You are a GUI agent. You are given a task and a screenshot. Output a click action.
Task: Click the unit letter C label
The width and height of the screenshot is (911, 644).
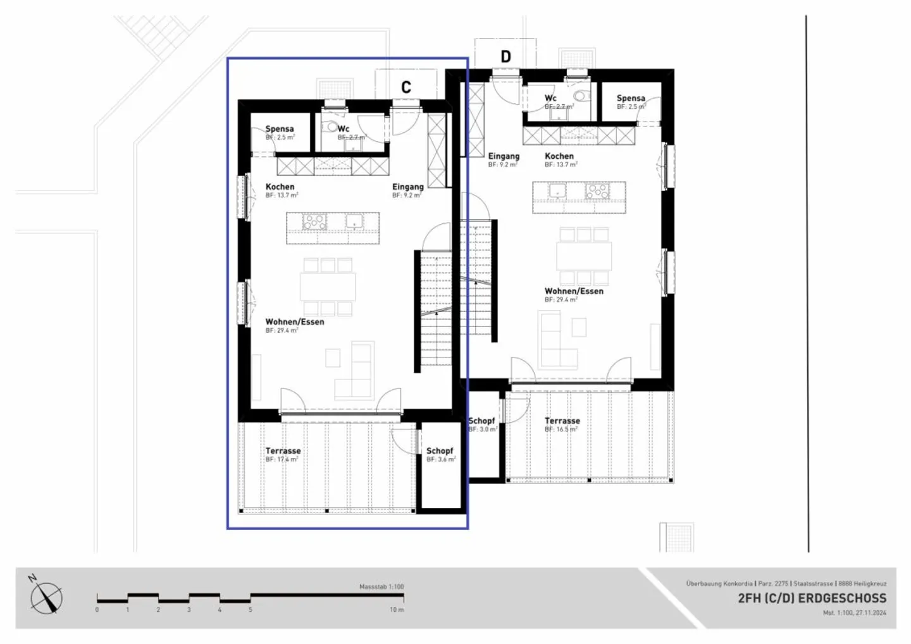406,87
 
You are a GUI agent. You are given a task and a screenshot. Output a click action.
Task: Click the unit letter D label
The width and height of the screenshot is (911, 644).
505,56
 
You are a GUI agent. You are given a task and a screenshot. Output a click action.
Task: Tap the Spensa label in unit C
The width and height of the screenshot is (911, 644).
279,128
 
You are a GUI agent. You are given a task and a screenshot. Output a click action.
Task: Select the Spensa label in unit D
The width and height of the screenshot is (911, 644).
631,98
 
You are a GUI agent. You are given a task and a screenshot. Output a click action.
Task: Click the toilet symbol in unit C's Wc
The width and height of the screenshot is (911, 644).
332,127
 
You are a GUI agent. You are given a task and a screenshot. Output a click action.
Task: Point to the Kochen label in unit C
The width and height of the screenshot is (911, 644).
280,187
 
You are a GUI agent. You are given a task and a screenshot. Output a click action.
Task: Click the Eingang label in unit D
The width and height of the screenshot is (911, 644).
504,156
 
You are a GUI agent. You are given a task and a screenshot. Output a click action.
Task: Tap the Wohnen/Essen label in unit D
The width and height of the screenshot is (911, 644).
574,291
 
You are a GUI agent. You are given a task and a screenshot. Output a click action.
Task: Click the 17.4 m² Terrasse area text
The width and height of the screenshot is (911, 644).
282,460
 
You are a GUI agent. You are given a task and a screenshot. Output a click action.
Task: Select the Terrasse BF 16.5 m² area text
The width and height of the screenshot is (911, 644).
561,430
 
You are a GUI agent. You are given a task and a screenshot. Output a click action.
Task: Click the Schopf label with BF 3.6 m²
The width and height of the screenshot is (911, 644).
440,451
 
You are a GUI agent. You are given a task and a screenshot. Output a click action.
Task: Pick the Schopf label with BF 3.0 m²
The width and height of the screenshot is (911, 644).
481,421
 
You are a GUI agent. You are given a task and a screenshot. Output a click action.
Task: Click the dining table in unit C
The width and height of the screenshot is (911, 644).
328,287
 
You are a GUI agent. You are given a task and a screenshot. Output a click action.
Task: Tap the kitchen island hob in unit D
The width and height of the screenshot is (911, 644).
597,190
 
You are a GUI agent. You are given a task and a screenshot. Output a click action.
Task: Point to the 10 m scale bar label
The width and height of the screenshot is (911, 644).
396,610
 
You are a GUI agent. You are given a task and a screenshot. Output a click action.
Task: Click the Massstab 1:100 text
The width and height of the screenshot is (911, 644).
381,587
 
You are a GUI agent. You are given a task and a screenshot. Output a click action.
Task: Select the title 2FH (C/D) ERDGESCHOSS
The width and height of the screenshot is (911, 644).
812,598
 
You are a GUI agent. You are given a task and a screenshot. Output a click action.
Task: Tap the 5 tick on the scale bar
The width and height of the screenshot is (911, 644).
251,610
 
